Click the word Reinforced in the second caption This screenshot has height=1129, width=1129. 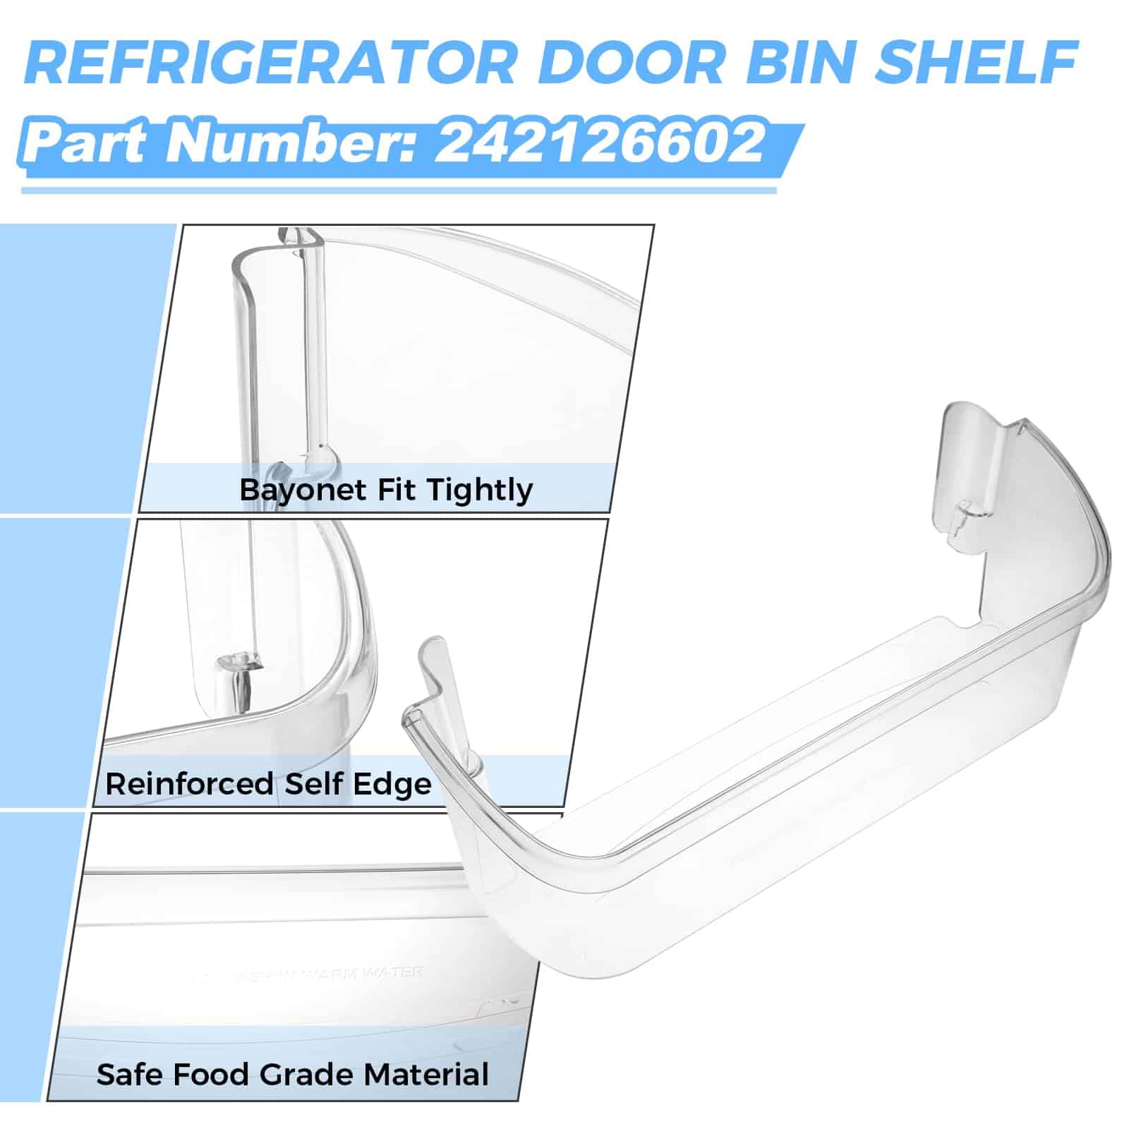point(188,784)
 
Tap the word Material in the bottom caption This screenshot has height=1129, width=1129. point(426,1075)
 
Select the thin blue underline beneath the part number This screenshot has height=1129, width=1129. point(399,190)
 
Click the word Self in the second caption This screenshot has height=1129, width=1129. point(313,784)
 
